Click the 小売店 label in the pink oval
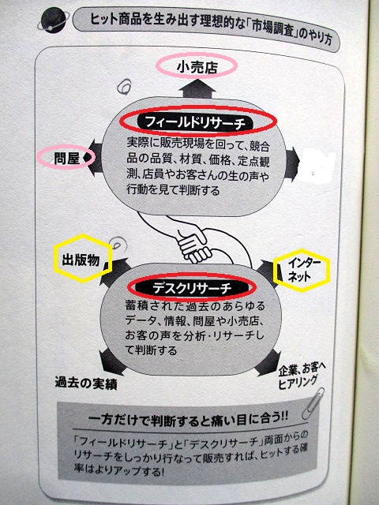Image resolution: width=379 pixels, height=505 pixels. tap(197, 66)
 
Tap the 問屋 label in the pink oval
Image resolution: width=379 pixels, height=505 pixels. tap(66, 158)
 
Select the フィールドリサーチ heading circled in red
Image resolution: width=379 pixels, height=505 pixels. tap(198, 122)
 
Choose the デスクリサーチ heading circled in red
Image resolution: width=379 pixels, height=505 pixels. tap(192, 287)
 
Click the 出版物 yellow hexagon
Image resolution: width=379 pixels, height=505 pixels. tap(82, 258)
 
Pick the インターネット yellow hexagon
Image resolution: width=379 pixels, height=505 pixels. tap(302, 271)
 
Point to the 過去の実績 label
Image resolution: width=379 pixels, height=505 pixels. tap(86, 383)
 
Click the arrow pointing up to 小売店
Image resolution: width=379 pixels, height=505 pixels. tap(197, 88)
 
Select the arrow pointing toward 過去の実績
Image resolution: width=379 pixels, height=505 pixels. tap(111, 361)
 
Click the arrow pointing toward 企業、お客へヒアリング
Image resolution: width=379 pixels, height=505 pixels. tap(268, 363)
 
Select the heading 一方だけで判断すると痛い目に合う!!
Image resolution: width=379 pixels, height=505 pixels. tap(188, 420)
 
